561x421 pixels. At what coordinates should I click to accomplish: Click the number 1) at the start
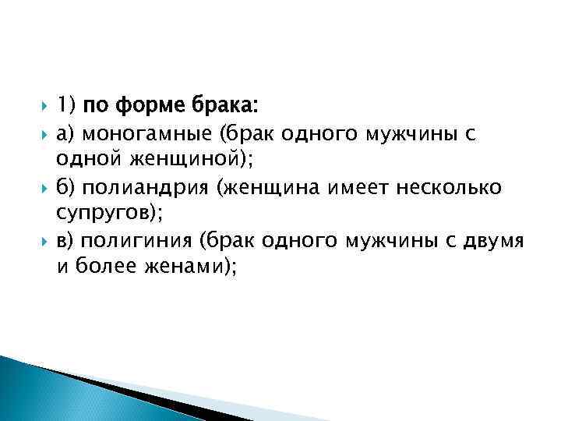(x=65, y=105)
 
